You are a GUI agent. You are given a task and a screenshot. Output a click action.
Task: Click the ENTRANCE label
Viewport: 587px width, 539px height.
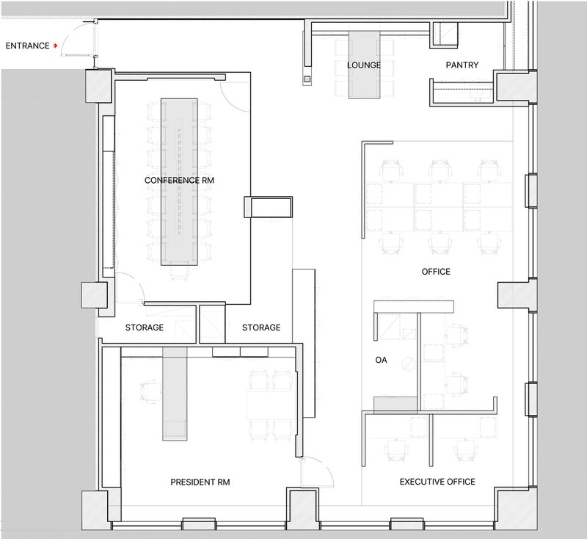click(x=27, y=46)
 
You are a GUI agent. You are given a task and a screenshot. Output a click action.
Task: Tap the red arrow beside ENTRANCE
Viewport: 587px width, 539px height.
click(x=56, y=46)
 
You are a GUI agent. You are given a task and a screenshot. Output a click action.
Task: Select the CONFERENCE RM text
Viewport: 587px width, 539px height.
click(x=179, y=180)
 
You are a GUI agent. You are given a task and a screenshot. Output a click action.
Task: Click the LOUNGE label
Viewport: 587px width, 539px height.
click(x=364, y=65)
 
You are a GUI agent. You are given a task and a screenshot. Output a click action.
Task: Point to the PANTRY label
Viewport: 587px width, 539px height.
click(x=462, y=65)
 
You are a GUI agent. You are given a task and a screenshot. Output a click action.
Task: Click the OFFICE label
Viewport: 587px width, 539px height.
click(x=436, y=272)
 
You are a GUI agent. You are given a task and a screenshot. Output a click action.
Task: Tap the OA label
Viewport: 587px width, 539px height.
click(x=381, y=360)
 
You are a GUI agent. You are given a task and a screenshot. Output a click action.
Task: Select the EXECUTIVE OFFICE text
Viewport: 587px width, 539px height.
click(x=437, y=482)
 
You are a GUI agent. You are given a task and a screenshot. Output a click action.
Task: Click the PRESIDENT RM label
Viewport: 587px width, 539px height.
click(x=200, y=482)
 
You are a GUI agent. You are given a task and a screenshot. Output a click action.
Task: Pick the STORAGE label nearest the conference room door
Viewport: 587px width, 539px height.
click(x=144, y=328)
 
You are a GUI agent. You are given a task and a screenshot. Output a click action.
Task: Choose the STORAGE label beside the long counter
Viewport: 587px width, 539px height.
click(x=261, y=328)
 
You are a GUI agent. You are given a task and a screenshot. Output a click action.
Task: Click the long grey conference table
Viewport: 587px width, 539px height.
click(x=179, y=182)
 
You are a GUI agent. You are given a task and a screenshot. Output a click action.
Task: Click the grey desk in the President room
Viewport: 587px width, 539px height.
click(x=175, y=394)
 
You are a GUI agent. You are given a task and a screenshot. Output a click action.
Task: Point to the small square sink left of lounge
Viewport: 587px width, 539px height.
click(x=307, y=79)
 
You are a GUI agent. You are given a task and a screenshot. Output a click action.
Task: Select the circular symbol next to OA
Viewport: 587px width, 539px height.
click(x=408, y=363)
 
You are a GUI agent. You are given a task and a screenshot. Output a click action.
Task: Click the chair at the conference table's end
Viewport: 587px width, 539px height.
click(x=179, y=272)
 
